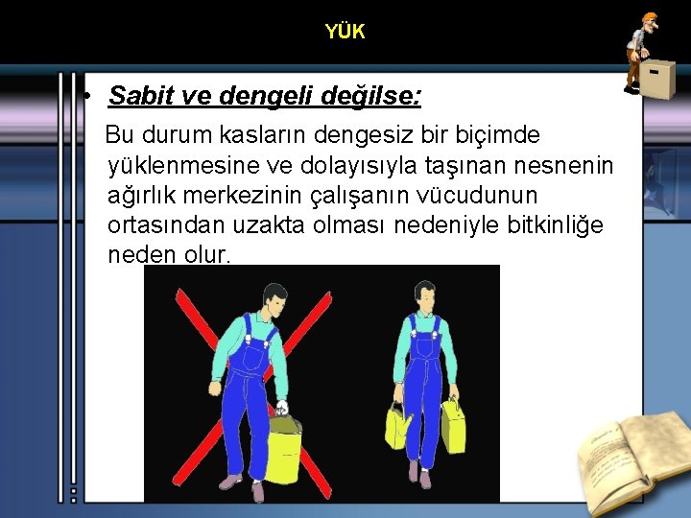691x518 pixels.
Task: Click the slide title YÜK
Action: pyautogui.click(x=345, y=32)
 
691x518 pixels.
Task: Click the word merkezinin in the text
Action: pyautogui.click(x=269, y=195)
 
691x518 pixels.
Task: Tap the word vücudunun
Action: pyautogui.click(x=481, y=195)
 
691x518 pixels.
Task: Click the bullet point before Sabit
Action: pyautogui.click(x=86, y=97)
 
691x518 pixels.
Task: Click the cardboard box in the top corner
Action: pyautogui.click(x=657, y=80)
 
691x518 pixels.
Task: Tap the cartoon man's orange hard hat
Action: pyautogui.click(x=649, y=17)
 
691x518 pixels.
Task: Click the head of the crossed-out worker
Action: pyautogui.click(x=275, y=299)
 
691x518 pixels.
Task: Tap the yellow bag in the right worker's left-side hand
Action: pyautogui.click(x=396, y=426)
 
